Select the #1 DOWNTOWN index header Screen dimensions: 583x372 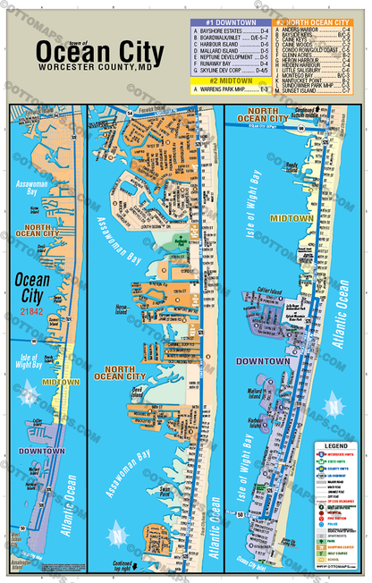[230, 21]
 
